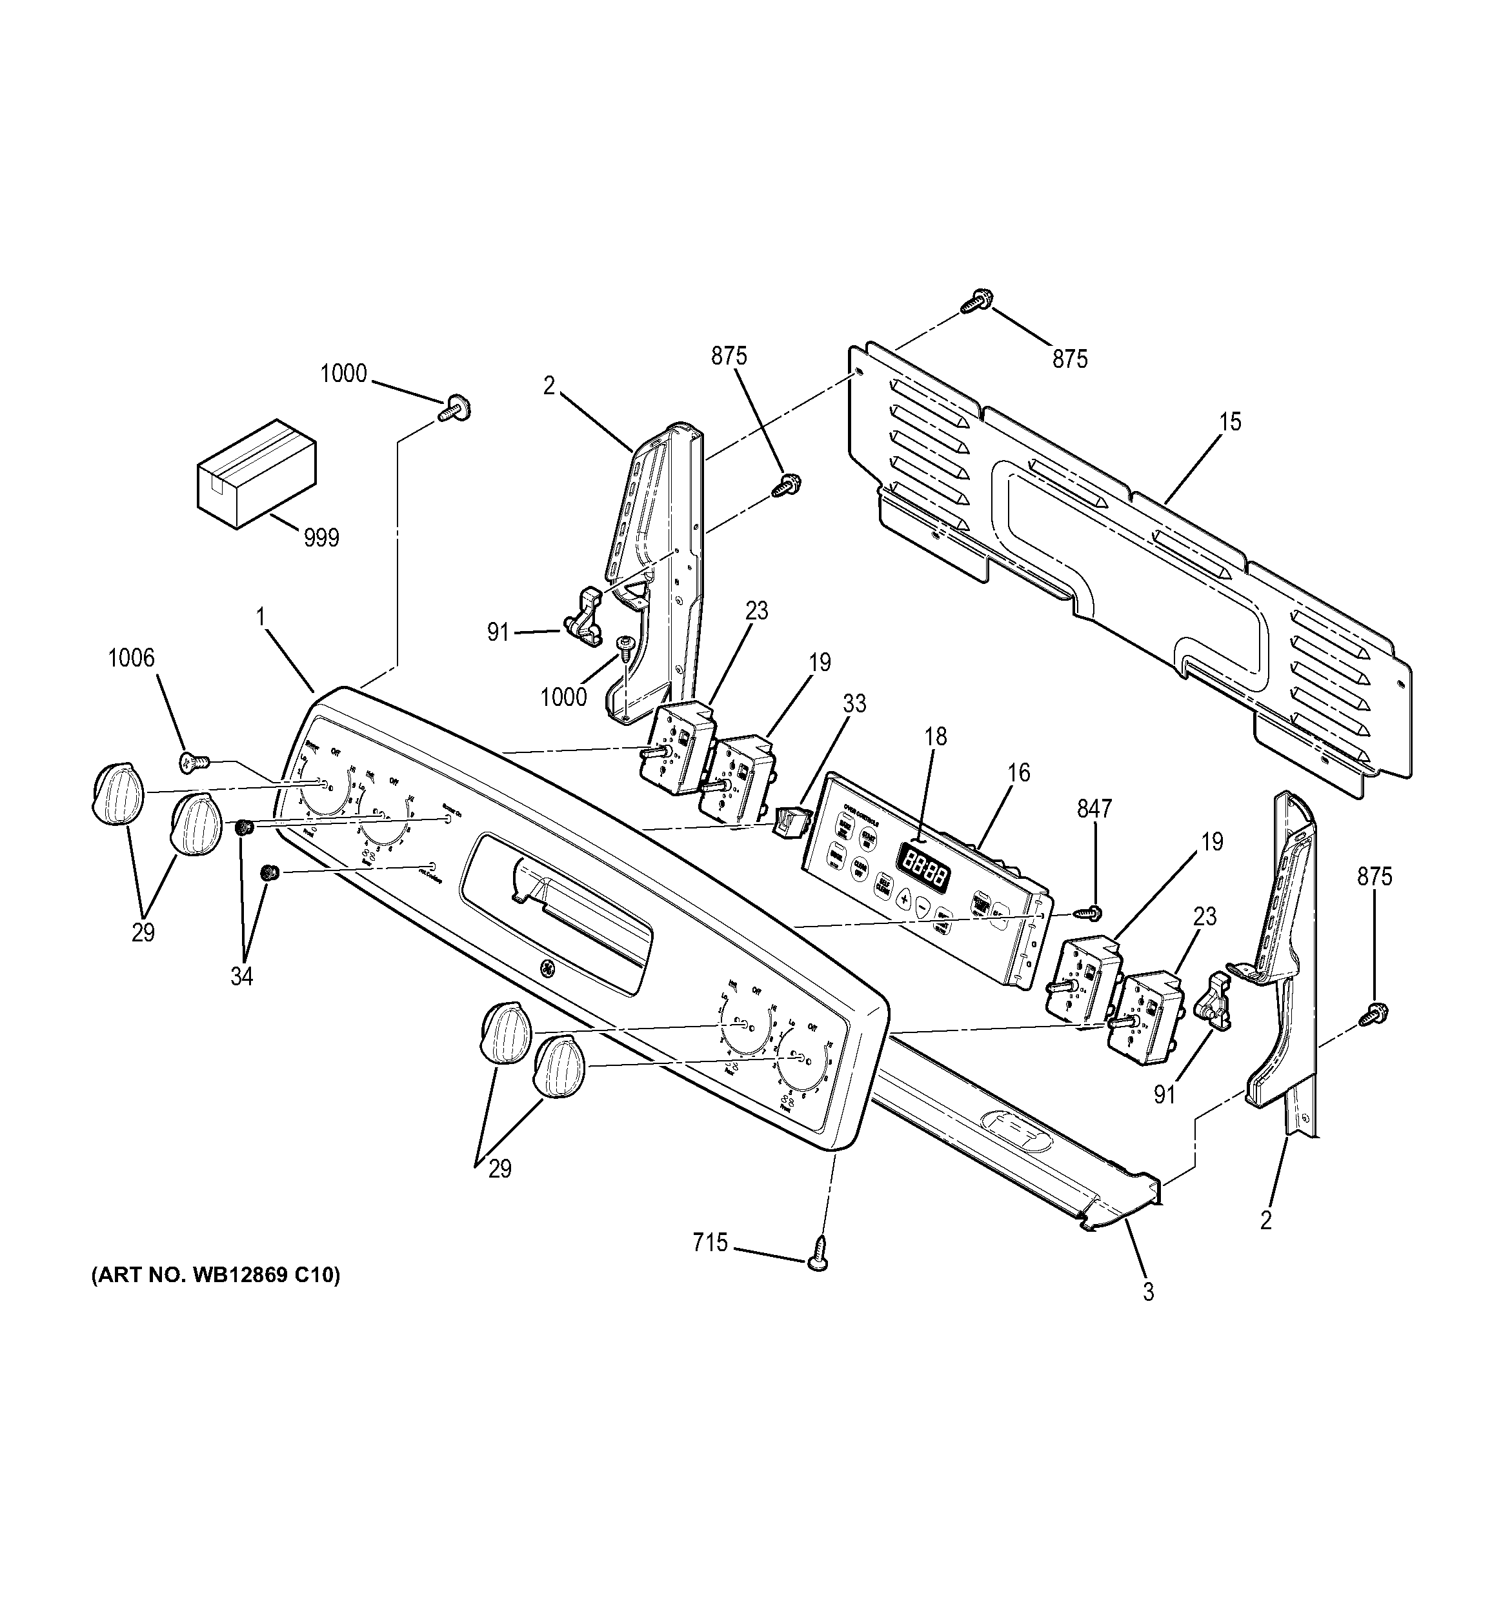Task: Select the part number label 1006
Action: [x=131, y=659]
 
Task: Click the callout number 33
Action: [x=854, y=704]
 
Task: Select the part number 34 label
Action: [x=241, y=977]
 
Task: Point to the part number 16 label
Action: [x=1018, y=773]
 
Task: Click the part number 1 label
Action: [x=259, y=617]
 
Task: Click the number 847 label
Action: [x=1094, y=809]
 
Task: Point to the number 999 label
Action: [x=321, y=537]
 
